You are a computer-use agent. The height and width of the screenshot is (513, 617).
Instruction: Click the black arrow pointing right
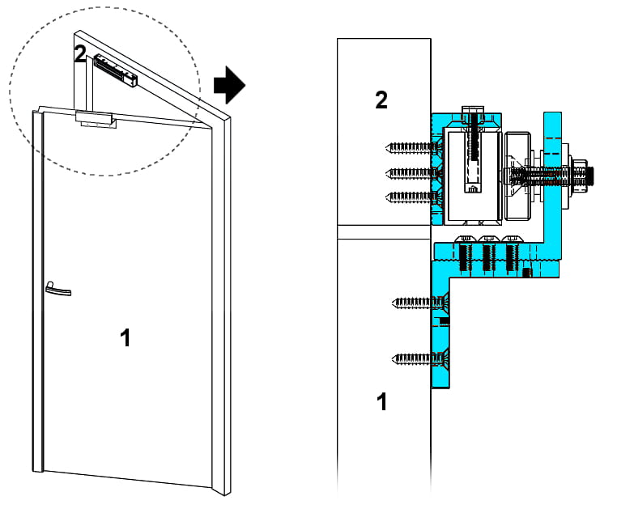point(228,85)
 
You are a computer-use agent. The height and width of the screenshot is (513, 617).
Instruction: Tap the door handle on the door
point(57,288)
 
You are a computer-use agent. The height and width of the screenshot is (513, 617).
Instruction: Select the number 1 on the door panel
point(125,337)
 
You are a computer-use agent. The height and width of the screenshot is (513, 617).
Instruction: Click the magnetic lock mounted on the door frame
point(116,70)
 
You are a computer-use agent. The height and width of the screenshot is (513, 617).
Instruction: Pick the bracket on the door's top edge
point(95,118)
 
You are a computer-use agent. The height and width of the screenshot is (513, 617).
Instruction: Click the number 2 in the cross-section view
point(381,100)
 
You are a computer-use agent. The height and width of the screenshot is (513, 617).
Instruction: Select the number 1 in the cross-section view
point(382,401)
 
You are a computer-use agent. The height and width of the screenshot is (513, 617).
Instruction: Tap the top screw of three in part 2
point(413,147)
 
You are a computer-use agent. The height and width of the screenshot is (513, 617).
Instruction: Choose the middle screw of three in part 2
point(413,172)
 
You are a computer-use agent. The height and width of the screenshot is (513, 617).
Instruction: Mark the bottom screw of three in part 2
point(413,196)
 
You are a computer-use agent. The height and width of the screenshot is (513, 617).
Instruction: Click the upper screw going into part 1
point(419,303)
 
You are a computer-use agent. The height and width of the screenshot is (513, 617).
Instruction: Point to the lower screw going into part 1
point(419,357)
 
